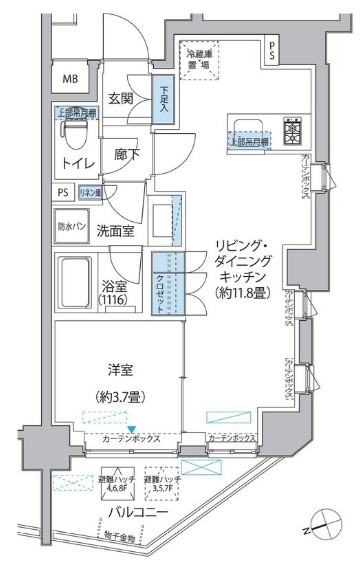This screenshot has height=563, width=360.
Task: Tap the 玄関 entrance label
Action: pyautogui.click(x=121, y=97)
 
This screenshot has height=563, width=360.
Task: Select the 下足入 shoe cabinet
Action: pyautogui.click(x=162, y=102)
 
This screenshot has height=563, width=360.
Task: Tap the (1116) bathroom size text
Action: pyautogui.click(x=115, y=298)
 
